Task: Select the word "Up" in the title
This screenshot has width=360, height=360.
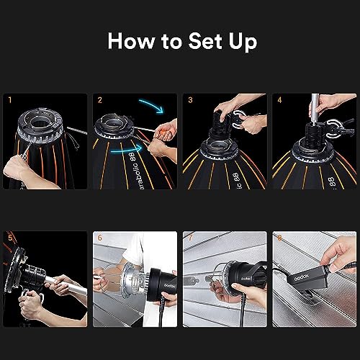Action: (241, 42)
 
